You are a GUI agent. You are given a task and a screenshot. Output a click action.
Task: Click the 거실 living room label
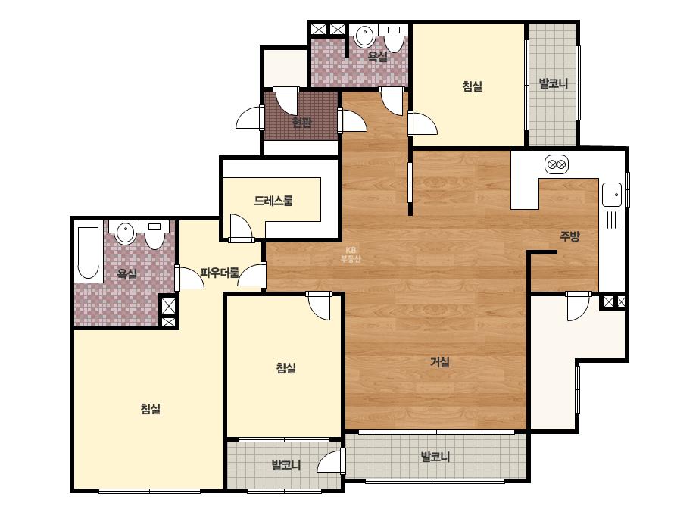pyautogui.click(x=439, y=362)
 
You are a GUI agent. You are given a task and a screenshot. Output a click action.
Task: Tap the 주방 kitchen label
pyautogui.click(x=569, y=236)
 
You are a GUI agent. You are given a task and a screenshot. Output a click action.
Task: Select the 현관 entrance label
pyautogui.click(x=301, y=122)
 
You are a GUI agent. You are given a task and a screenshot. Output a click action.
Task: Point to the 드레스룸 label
pyautogui.click(x=273, y=201)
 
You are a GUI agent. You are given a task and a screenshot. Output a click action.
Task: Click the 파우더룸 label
pyautogui.click(x=220, y=273)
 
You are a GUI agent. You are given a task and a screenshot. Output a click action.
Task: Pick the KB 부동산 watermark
pyautogui.click(x=351, y=254)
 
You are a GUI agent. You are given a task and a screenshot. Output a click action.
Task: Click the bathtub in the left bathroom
pyautogui.click(x=89, y=253)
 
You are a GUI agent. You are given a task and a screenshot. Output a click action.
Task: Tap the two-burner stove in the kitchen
pyautogui.click(x=557, y=164)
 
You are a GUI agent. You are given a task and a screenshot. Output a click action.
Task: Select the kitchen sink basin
pyautogui.click(x=612, y=195)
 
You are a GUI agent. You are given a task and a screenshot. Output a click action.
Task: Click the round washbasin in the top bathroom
pyautogui.click(x=365, y=36)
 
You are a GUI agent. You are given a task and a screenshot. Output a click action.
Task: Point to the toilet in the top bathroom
pyautogui.click(x=394, y=38)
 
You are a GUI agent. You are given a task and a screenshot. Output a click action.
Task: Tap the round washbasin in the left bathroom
pyautogui.click(x=125, y=233)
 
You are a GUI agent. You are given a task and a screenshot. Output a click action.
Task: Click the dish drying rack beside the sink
pyautogui.click(x=612, y=220)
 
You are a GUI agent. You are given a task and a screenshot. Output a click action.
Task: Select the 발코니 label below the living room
pyautogui.click(x=435, y=457)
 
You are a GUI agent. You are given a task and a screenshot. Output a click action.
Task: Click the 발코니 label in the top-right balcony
pyautogui.click(x=554, y=83)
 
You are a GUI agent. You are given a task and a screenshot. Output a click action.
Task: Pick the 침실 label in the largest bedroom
pyautogui.click(x=150, y=408)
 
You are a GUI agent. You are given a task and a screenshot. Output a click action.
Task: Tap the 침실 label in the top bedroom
pyautogui.click(x=473, y=86)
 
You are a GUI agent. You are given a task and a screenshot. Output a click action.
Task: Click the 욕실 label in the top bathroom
pyautogui.click(x=377, y=56)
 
